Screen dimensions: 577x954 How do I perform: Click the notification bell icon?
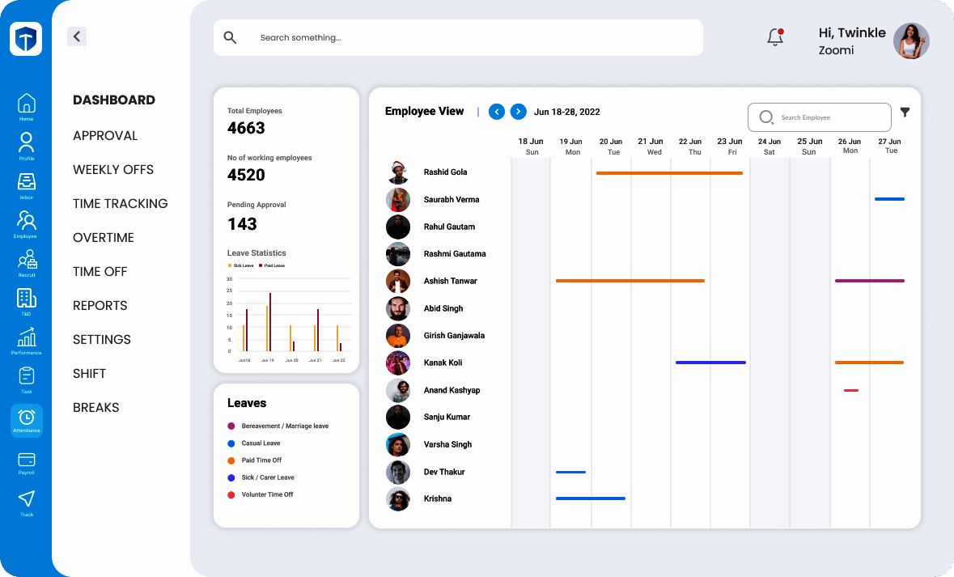[x=775, y=37]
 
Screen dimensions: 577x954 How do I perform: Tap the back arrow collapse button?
[x=77, y=36]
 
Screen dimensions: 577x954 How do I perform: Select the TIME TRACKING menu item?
[x=121, y=204]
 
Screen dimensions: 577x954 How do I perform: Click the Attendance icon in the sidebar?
[x=27, y=419]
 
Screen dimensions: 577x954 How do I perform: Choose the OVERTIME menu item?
[x=104, y=238]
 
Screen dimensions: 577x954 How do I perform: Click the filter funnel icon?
[x=905, y=112]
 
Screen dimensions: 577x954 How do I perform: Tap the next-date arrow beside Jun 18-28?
[x=519, y=112]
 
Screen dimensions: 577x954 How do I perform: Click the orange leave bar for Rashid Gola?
[x=669, y=173]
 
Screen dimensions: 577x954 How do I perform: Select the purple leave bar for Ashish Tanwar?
[x=870, y=281]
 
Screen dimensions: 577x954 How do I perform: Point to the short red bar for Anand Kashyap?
[x=851, y=390]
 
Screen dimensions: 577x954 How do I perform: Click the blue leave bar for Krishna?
[x=591, y=499]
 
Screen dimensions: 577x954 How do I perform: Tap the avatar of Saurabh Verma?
[x=398, y=200]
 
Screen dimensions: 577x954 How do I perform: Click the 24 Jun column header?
[x=769, y=146]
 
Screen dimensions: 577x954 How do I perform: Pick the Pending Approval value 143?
[x=242, y=224]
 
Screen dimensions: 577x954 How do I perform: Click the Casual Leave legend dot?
[x=231, y=443]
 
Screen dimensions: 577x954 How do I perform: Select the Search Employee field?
[x=819, y=117]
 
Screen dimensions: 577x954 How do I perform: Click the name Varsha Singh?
[x=447, y=444]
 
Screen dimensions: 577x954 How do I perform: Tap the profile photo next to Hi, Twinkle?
[x=911, y=40]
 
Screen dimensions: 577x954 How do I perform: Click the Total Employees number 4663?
[x=246, y=128]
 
